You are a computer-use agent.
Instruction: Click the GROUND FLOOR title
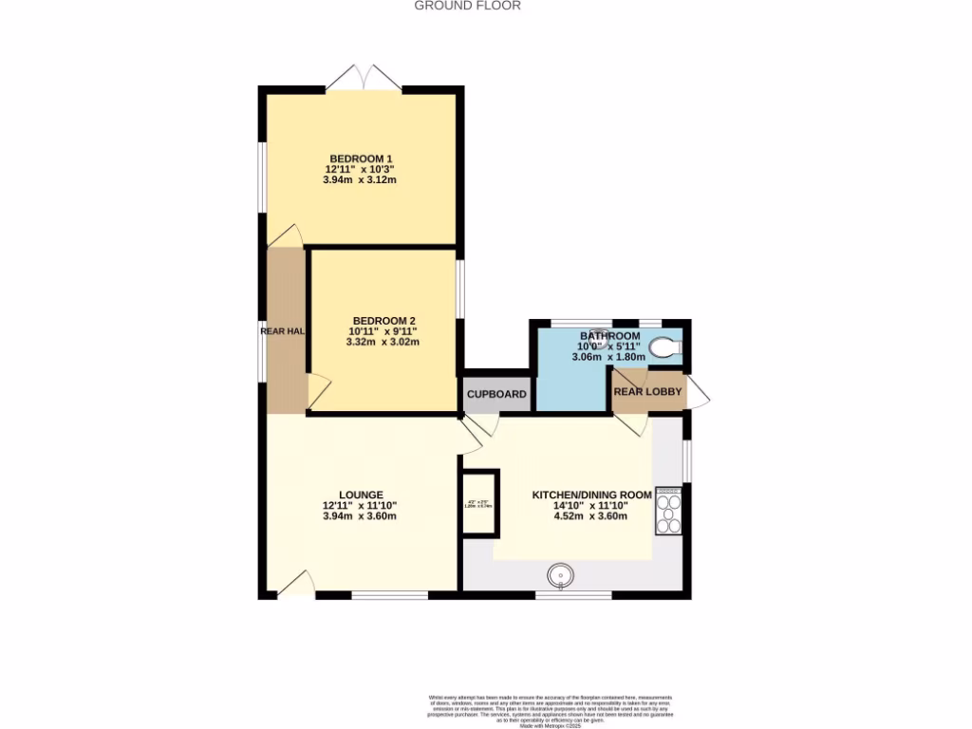click(467, 6)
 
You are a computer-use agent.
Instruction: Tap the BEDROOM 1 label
click(360, 159)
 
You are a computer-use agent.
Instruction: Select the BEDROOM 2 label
click(383, 321)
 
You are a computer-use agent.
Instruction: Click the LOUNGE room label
click(361, 495)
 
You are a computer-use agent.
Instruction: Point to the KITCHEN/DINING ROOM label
click(591, 495)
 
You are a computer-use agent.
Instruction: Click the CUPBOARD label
click(496, 394)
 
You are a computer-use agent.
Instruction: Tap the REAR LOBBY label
click(647, 391)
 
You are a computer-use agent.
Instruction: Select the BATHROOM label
click(610, 336)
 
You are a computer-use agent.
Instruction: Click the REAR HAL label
click(283, 331)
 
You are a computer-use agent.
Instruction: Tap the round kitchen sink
click(561, 574)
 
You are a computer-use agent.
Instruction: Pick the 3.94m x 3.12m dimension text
click(360, 179)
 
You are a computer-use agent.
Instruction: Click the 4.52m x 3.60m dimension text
click(591, 517)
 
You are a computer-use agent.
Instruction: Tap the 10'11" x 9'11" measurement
click(383, 331)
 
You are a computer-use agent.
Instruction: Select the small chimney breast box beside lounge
click(479, 503)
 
